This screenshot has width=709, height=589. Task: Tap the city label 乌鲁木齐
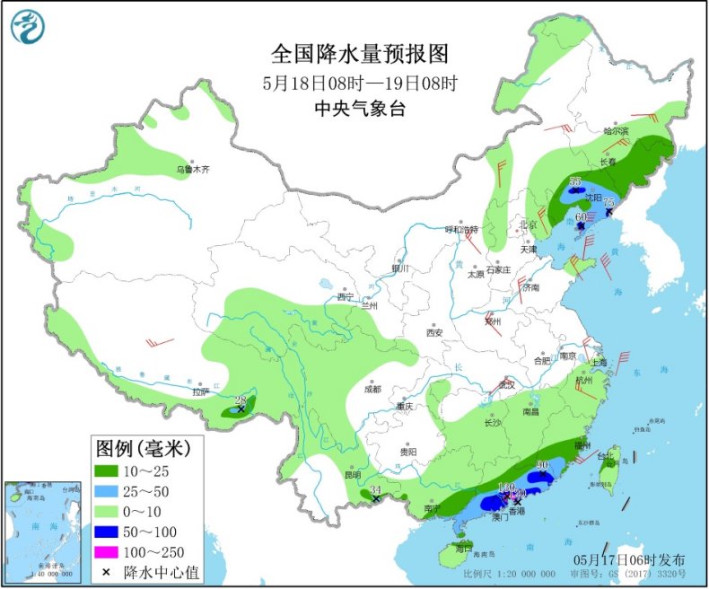(192, 169)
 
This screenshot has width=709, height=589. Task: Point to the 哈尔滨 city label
(617, 132)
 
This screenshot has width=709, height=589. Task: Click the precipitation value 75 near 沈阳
(608, 202)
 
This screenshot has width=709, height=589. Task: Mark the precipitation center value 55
(575, 181)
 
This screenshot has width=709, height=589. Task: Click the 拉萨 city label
(198, 391)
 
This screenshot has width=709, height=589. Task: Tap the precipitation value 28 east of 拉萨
(240, 400)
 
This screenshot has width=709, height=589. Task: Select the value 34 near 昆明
(376, 489)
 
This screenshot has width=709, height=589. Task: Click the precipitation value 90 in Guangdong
(542, 465)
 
